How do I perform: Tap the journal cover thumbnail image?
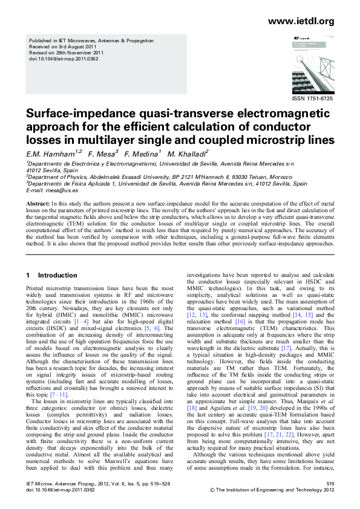coord(306,63)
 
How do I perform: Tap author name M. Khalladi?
coord(187,154)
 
